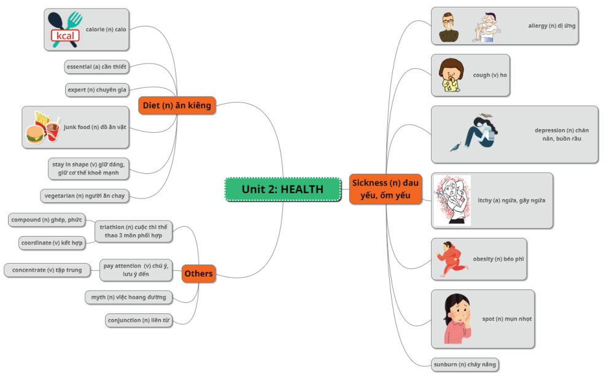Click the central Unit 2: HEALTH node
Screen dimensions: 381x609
click(x=282, y=189)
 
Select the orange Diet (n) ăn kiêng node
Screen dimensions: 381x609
click(x=176, y=106)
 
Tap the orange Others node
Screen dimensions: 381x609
click(x=198, y=273)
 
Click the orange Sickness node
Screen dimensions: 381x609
click(x=385, y=189)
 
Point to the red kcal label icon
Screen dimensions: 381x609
click(x=65, y=36)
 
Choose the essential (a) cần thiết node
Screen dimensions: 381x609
click(x=96, y=66)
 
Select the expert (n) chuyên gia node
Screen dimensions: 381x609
click(x=96, y=90)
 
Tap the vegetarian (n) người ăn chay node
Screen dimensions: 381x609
click(x=85, y=195)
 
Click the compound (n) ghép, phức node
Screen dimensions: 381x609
click(x=47, y=219)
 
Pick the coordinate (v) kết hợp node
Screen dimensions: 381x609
click(x=51, y=243)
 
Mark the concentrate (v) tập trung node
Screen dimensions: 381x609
click(x=47, y=270)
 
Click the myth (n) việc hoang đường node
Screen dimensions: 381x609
click(x=128, y=297)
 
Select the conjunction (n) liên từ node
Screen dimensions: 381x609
click(x=139, y=320)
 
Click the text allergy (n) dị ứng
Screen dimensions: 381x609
click(x=551, y=26)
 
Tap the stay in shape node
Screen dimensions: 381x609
click(x=89, y=168)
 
